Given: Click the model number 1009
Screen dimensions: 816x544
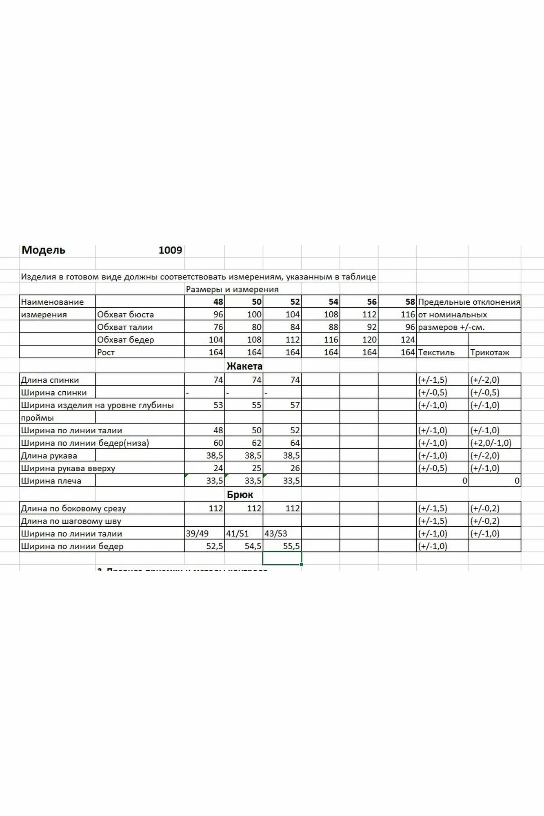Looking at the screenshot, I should click(x=170, y=250).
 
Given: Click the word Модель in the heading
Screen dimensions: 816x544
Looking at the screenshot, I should click(x=43, y=250).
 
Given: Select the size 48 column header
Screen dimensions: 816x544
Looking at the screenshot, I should click(x=218, y=302).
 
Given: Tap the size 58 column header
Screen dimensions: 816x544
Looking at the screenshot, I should click(x=410, y=302).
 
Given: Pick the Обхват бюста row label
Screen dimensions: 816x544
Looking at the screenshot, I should click(x=125, y=315).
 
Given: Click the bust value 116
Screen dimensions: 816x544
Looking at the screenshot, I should click(x=408, y=315).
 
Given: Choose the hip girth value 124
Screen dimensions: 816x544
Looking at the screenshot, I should click(x=408, y=340).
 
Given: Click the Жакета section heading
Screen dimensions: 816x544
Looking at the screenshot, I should click(x=244, y=366).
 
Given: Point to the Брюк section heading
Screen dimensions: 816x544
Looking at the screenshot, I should click(x=240, y=494).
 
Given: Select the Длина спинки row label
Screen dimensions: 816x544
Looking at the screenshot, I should click(x=50, y=380).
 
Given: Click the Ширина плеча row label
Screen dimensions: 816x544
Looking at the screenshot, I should click(x=51, y=481).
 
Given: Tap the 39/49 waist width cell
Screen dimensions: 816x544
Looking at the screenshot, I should click(x=197, y=534).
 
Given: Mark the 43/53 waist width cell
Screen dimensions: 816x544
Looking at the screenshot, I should click(x=276, y=534).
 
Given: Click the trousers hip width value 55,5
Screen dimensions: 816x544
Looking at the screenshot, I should click(x=291, y=546).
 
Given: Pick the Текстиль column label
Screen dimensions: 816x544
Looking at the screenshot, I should click(x=436, y=353).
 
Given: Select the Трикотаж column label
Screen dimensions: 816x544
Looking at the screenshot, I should click(x=489, y=353).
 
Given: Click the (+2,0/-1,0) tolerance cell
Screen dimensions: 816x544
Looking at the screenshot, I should click(x=491, y=443).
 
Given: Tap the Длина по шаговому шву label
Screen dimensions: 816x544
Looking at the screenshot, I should click(x=71, y=521).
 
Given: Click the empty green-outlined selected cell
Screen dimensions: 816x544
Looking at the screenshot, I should click(x=282, y=558).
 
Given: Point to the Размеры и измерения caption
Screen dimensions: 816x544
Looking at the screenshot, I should click(x=232, y=289).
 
